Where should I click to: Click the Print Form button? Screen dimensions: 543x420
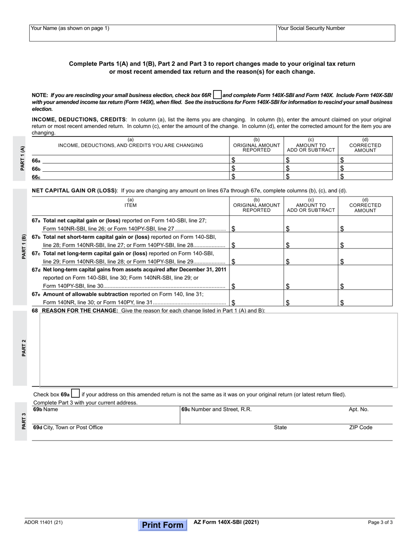tap(163, 525)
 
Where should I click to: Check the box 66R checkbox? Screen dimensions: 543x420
tap(217, 95)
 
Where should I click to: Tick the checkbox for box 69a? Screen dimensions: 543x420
tap(76, 393)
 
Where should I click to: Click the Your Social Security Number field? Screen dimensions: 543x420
tap(336, 33)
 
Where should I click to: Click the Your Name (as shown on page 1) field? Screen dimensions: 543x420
tap(153, 33)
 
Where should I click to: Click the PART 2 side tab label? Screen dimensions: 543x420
tap(23, 348)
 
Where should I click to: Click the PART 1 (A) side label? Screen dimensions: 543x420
tap(23, 158)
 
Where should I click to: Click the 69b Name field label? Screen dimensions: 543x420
tap(46, 410)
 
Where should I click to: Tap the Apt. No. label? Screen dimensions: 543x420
tap(358, 410)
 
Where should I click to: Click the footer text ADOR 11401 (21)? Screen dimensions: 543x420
tap(43, 523)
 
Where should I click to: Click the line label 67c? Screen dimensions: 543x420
tap(36, 253)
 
